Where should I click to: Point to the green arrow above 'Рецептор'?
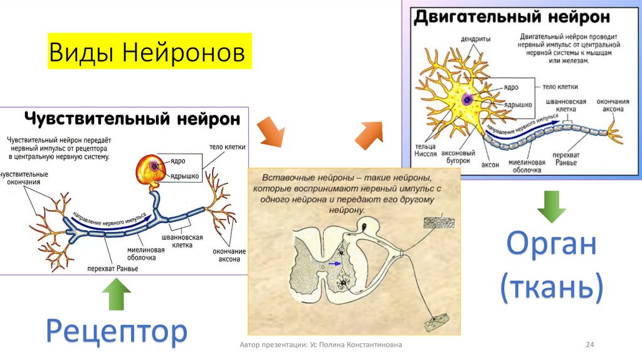(x=117, y=295)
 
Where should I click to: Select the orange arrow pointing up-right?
(x=371, y=133)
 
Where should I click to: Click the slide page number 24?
(x=589, y=346)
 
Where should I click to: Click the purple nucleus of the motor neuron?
(x=467, y=99)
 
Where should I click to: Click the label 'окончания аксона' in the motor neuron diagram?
(x=609, y=105)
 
